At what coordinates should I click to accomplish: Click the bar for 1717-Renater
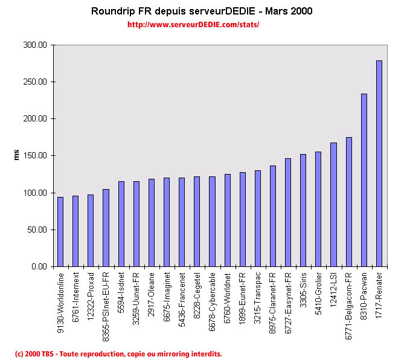click(x=379, y=163)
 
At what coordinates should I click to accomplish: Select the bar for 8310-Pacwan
click(x=364, y=180)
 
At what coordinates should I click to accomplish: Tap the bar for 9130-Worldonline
click(x=60, y=231)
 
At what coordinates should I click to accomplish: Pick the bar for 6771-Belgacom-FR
click(x=349, y=202)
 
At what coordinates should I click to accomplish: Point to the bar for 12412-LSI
click(x=333, y=204)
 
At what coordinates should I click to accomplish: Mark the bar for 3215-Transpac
click(x=258, y=218)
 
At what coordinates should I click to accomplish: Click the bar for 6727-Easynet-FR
click(x=288, y=212)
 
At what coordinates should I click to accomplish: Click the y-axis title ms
click(x=17, y=155)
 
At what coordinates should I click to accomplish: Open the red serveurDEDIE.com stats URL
click(x=193, y=25)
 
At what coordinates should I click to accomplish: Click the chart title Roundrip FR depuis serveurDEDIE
click(x=202, y=11)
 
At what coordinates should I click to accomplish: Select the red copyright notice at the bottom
click(x=118, y=353)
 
